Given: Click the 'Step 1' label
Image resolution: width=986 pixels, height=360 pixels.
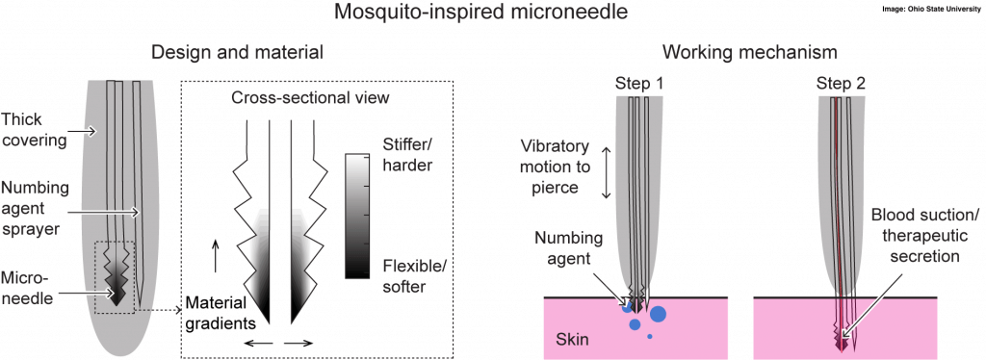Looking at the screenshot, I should click(639, 84).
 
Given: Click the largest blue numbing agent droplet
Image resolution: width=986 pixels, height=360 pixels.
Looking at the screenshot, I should click(658, 313).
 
